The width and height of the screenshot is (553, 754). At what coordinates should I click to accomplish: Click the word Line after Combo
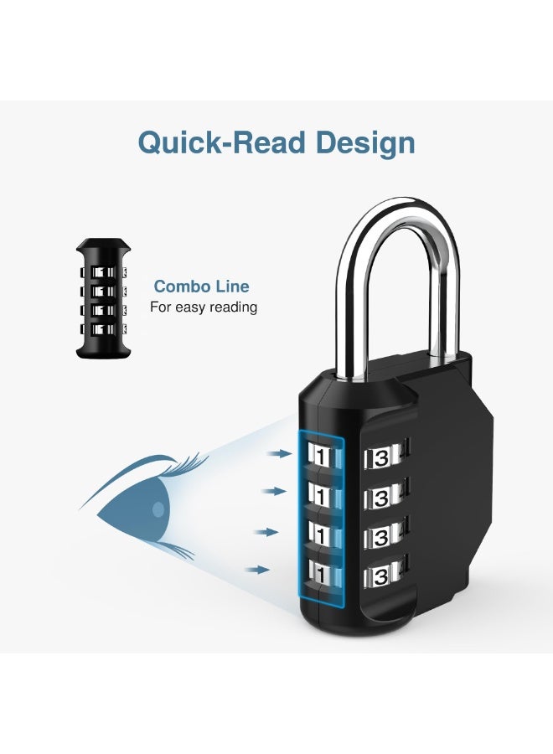232,287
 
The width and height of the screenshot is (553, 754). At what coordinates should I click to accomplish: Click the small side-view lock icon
103,298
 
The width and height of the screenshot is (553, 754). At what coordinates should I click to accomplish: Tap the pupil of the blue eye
158,509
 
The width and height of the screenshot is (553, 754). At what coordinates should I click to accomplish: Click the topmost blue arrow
280,453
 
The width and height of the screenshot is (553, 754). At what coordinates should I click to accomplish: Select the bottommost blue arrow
257,570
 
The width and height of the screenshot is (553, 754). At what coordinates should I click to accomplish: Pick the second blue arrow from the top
274,491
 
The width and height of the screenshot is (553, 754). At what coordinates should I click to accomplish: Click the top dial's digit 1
321,456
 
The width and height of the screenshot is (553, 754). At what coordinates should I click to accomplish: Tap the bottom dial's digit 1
321,574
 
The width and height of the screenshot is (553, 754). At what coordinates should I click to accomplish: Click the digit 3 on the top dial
381,458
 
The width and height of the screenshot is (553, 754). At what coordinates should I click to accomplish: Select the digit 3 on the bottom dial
381,576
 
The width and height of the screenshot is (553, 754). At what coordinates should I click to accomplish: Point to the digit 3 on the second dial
381,498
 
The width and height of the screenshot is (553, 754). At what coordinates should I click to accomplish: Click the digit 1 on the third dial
321,535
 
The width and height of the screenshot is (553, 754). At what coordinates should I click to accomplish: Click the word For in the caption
161,307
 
